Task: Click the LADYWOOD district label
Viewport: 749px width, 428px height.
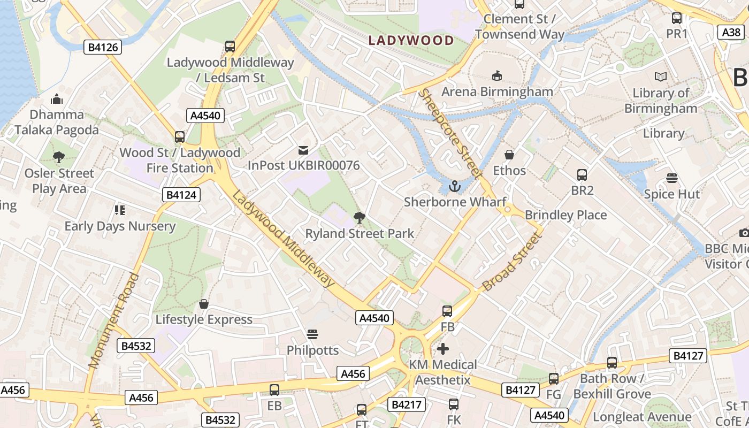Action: [411, 40]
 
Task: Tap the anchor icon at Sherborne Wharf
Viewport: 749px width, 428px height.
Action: [455, 186]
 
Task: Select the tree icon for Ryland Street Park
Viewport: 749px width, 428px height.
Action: [360, 217]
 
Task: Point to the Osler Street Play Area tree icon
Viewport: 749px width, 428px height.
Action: [59, 157]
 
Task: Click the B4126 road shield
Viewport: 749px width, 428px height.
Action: [103, 48]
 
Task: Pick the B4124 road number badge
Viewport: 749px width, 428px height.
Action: [181, 195]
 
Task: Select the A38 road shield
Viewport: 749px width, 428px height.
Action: [731, 33]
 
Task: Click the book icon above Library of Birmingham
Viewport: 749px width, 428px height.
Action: [661, 77]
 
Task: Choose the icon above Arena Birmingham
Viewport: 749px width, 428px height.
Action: [497, 75]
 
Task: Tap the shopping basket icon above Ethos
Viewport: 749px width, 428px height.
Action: [509, 155]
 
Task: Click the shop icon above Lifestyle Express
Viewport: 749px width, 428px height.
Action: [204, 304]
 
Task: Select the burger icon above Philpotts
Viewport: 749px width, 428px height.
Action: [312, 334]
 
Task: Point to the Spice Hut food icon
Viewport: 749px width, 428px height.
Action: [672, 178]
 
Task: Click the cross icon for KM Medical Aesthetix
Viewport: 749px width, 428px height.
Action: [443, 349]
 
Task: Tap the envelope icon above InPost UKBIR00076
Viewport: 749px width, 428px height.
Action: [303, 150]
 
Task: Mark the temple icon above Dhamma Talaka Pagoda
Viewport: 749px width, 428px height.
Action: [57, 99]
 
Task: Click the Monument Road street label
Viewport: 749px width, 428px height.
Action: [113, 321]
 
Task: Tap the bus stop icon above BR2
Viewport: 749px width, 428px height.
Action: [582, 174]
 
